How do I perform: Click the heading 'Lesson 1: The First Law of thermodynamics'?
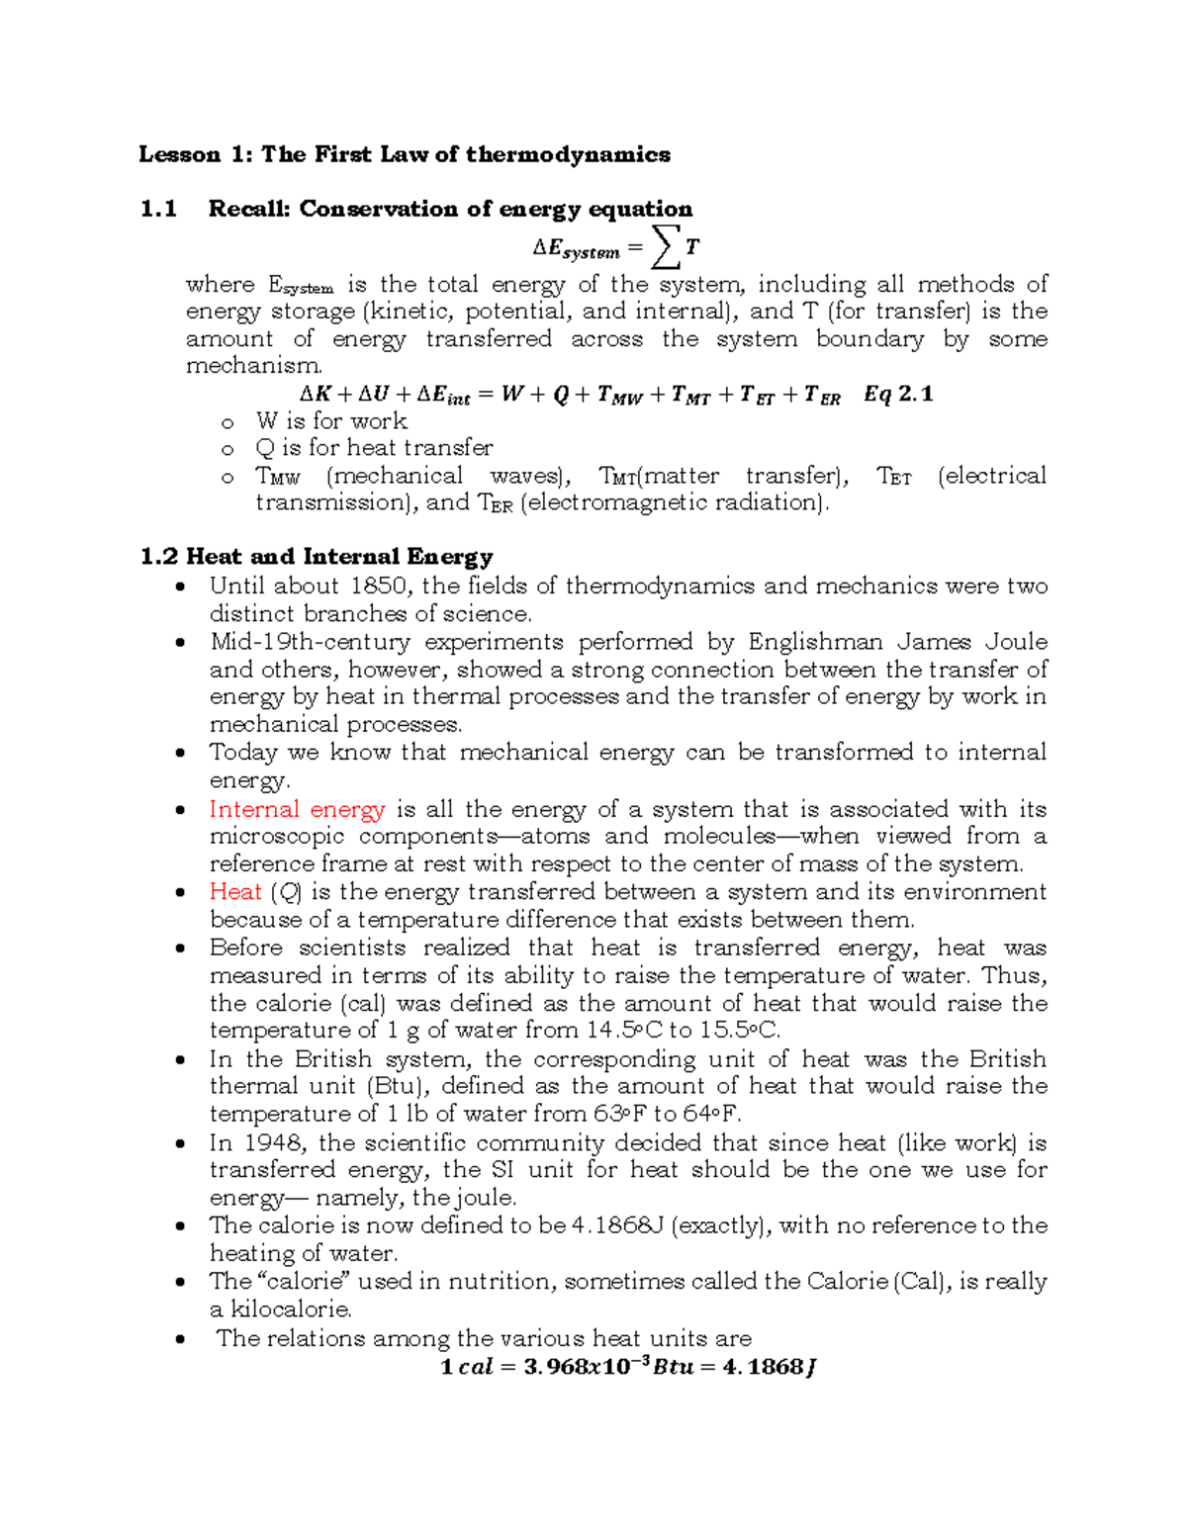[x=404, y=154]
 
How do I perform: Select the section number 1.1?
[x=158, y=209]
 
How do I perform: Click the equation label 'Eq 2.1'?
[x=897, y=395]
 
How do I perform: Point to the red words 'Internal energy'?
[x=297, y=809]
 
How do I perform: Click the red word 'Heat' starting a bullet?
[x=235, y=892]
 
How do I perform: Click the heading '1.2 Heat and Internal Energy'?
[x=317, y=557]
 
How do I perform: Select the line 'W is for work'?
[x=330, y=421]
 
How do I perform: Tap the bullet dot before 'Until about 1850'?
[x=179, y=587]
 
